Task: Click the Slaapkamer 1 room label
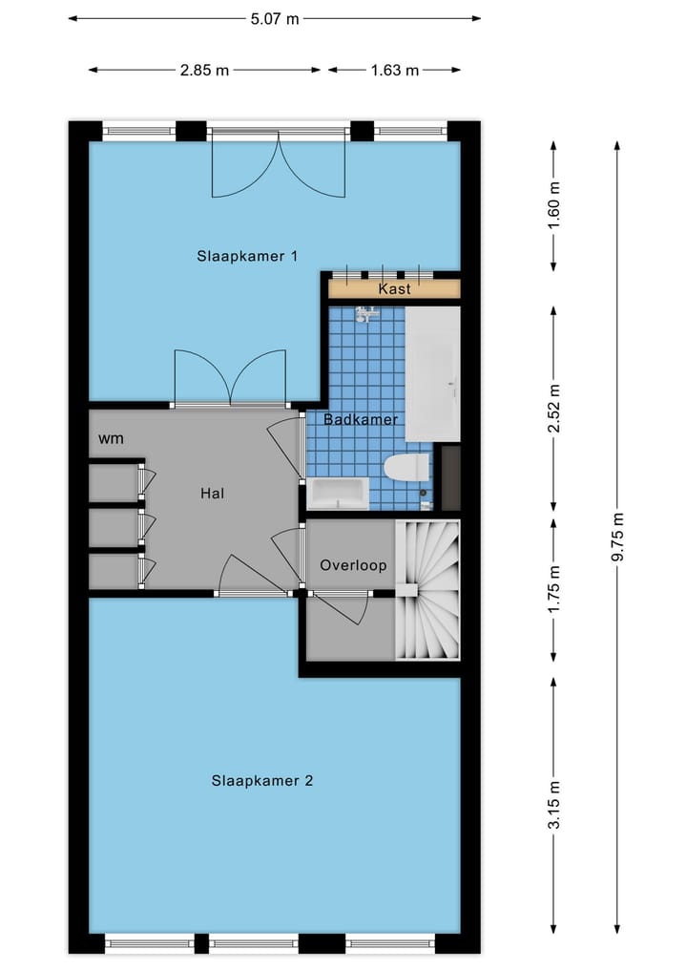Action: coord(248,256)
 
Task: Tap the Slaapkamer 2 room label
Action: coord(262,780)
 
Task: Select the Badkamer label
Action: coord(360,419)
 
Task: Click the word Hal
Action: coord(212,494)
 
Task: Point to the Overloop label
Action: coord(353,565)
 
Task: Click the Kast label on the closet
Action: coord(394,288)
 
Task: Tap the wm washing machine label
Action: coord(111,438)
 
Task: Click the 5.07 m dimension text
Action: coord(274,18)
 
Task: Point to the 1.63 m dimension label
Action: coord(394,70)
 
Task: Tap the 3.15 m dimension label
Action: coord(553,807)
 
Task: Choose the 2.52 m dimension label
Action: coord(553,409)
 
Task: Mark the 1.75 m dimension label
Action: coord(553,590)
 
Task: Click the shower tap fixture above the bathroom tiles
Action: coord(366,313)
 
